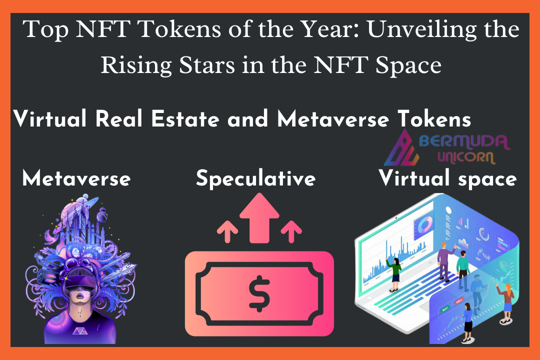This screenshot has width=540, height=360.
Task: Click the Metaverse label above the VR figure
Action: pyautogui.click(x=76, y=178)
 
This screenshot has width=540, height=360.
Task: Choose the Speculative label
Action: pyautogui.click(x=255, y=178)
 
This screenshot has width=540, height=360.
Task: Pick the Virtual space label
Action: pyautogui.click(x=447, y=178)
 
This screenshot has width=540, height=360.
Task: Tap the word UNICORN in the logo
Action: pyautogui.click(x=466, y=157)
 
